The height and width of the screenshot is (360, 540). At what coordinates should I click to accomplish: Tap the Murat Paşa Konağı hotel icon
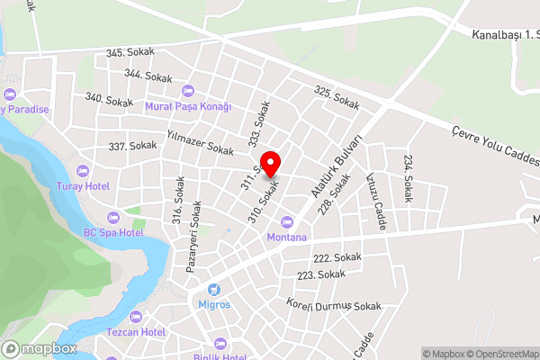click(x=188, y=91)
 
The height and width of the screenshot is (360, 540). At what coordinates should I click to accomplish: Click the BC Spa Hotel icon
click(x=113, y=218)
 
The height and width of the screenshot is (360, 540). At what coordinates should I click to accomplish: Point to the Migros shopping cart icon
click(x=214, y=290)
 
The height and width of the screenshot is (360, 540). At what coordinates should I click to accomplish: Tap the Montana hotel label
click(x=287, y=237)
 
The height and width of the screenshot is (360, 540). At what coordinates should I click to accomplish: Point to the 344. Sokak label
click(x=148, y=76)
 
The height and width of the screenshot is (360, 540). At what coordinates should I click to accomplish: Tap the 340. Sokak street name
click(x=109, y=98)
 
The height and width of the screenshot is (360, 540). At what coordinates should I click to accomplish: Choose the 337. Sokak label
click(x=132, y=145)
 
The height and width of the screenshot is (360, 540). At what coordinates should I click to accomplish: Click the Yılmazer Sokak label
click(x=199, y=141)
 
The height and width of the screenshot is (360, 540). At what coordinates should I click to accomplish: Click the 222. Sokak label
click(x=337, y=257)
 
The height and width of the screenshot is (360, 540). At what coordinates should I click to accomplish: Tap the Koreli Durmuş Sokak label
click(x=334, y=306)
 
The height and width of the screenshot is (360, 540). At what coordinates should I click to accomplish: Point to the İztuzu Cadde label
click(x=376, y=202)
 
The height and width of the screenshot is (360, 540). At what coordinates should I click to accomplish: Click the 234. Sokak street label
click(x=409, y=178)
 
